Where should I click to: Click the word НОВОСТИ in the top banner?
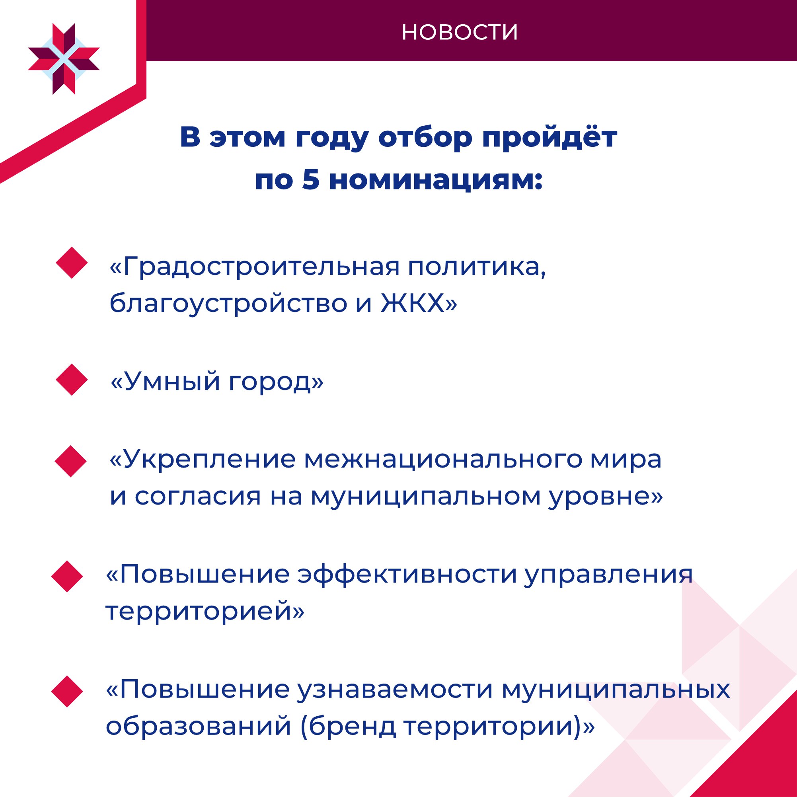460,32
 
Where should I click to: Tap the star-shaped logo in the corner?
64,59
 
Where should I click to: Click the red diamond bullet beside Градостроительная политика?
72,263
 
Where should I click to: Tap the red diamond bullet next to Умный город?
72,380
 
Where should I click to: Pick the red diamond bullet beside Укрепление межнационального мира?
70,461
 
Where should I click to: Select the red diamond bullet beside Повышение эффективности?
67,576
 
